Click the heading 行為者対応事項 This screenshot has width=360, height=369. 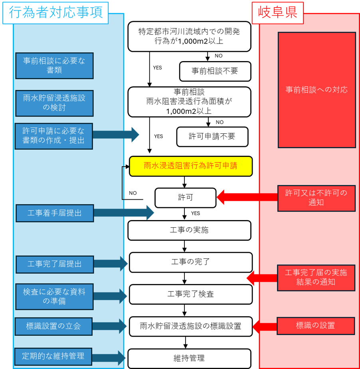coord(55,12)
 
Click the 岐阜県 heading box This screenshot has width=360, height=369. coord(277,13)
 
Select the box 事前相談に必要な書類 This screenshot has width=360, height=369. coord(54,66)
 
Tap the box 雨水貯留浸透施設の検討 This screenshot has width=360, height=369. coord(54,103)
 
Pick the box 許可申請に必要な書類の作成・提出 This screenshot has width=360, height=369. coord(54,136)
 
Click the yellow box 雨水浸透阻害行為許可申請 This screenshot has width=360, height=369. coord(191,166)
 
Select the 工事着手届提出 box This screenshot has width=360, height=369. coord(55,213)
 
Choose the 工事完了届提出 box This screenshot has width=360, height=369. coord(55,264)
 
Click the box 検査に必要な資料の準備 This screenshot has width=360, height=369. coord(54,297)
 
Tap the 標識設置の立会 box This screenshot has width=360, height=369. coord(53,326)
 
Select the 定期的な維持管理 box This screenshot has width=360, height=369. coord(53,356)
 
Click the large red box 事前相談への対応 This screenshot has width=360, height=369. coord(316,90)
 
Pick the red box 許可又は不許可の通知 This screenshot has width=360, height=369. coord(316,198)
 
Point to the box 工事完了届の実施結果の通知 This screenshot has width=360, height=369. coord(316,278)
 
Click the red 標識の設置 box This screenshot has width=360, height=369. coord(315,325)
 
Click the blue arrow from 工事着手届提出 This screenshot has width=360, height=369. coord(124,212)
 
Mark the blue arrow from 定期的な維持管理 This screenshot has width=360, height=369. coord(109,357)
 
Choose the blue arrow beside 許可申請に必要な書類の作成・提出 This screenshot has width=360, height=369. coord(116,135)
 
